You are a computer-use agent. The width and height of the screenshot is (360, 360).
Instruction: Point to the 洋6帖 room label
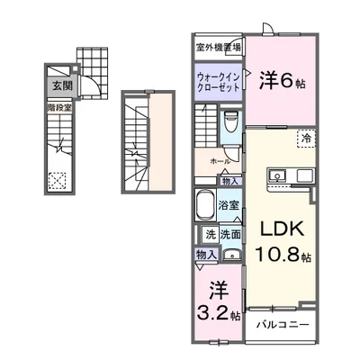281,80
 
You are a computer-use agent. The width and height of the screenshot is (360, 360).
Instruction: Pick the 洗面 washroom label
229,235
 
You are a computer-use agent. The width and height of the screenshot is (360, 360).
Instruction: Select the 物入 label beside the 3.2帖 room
206,255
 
